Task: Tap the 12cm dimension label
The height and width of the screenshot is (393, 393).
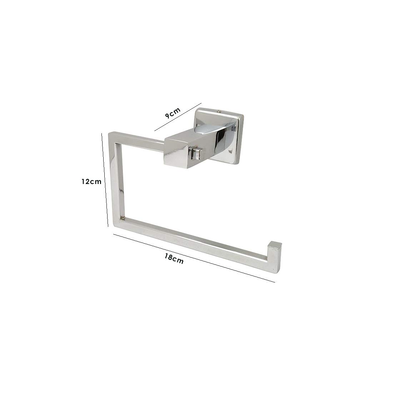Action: pos(91,181)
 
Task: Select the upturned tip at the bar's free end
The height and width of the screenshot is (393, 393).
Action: pos(274,247)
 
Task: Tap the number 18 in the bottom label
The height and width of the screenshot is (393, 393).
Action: pos(168,257)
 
